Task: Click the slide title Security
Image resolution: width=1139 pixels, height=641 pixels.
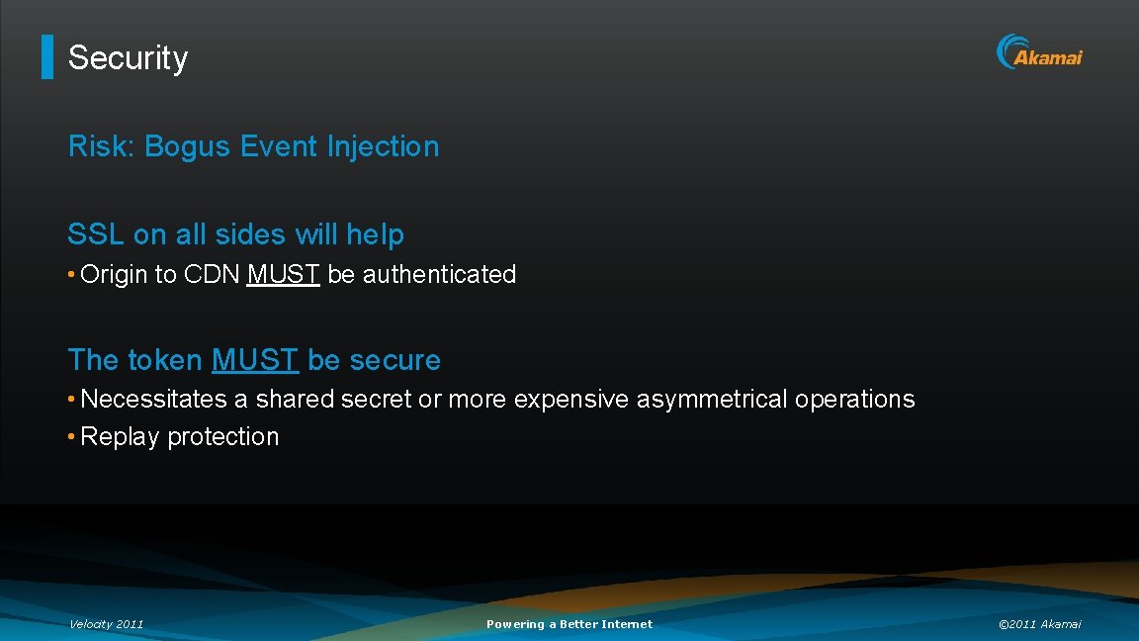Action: click(128, 57)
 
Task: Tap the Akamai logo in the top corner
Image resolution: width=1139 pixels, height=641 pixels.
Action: click(1039, 52)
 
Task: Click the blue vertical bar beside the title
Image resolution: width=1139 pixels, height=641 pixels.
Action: click(46, 57)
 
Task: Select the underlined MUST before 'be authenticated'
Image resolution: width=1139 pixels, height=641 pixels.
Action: click(283, 274)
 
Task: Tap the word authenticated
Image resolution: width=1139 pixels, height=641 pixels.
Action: click(439, 274)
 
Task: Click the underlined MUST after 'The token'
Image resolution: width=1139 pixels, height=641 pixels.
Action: click(254, 360)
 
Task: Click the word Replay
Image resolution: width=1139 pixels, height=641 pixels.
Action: click(120, 436)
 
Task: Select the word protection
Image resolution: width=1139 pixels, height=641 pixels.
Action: click(222, 436)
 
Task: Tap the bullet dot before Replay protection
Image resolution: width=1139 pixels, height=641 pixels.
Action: click(72, 436)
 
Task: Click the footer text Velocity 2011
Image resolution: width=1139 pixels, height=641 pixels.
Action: click(106, 624)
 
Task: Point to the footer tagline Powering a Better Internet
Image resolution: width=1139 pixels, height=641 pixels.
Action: click(569, 624)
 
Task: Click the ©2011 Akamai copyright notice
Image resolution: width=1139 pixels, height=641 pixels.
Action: click(1039, 624)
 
